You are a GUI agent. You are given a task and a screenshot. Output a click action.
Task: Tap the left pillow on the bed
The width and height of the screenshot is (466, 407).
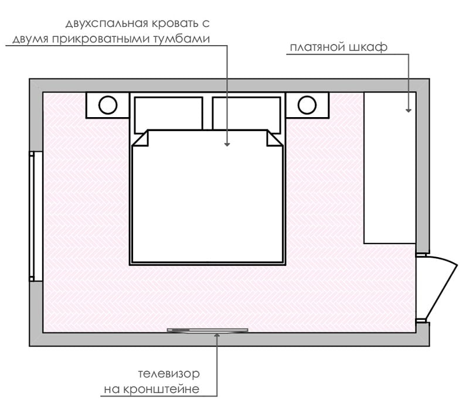pos(168,114)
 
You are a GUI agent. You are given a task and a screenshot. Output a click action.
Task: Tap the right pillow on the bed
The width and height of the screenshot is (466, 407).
pos(246,114)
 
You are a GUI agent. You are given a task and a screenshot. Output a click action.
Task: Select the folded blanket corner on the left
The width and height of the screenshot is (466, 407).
pos(141,139)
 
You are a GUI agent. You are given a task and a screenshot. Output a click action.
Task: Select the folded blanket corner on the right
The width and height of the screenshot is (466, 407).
pos(273,139)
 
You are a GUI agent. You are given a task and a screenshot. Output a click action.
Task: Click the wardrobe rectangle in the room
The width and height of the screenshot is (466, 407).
pos(390,168)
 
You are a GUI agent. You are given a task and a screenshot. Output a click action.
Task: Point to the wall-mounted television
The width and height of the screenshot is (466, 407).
pos(208,330)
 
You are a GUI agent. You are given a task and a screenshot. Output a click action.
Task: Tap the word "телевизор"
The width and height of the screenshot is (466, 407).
pos(169,374)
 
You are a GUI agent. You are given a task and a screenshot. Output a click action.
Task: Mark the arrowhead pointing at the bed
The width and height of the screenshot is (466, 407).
pos(227,144)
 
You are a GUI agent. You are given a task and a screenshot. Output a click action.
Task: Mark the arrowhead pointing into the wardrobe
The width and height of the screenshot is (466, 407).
pos(409,110)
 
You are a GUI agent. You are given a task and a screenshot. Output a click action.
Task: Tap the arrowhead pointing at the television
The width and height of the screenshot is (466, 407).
pos(217,335)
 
